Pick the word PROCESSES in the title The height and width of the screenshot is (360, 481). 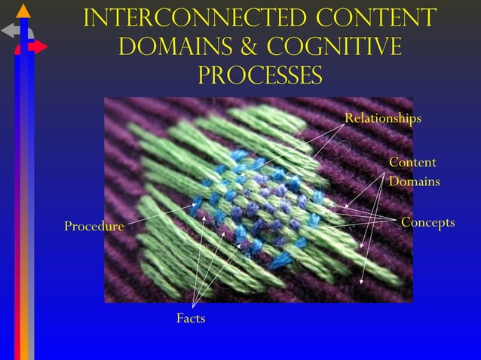(x=259, y=75)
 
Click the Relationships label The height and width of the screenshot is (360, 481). (x=382, y=118)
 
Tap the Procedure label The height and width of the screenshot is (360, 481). (x=93, y=226)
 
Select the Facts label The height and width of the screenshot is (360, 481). (x=191, y=319)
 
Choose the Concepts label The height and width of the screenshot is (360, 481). (x=427, y=222)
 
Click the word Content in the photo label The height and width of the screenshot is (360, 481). (x=412, y=163)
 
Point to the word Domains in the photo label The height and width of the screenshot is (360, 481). (x=415, y=182)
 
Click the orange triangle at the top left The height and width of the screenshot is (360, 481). (x=23, y=11)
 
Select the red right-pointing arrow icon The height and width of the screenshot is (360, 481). (x=38, y=47)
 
